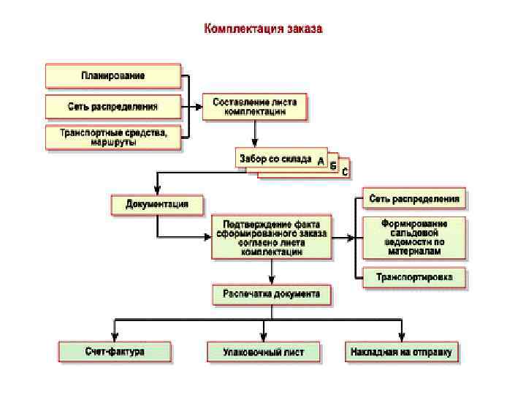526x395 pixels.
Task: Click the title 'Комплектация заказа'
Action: (262, 29)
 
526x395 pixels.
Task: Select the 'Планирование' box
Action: (113, 75)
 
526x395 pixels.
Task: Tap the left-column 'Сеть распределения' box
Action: (113, 106)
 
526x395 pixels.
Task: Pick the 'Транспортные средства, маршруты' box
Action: (113, 137)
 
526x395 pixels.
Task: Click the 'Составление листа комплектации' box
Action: (255, 107)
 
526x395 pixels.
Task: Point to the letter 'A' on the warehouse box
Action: (321, 162)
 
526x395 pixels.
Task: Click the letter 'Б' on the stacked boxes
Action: (333, 166)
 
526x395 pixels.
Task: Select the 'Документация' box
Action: (157, 204)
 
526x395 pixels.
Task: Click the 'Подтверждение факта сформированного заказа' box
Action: (271, 236)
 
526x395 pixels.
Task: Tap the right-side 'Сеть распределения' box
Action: (414, 198)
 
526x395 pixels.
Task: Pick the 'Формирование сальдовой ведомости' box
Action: (414, 236)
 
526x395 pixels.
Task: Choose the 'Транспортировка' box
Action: (414, 277)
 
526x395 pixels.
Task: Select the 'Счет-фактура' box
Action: (115, 351)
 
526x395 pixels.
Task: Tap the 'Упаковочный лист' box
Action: (263, 351)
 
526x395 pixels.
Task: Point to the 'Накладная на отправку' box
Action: (402, 351)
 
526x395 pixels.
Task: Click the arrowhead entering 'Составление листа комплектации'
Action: (199, 107)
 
